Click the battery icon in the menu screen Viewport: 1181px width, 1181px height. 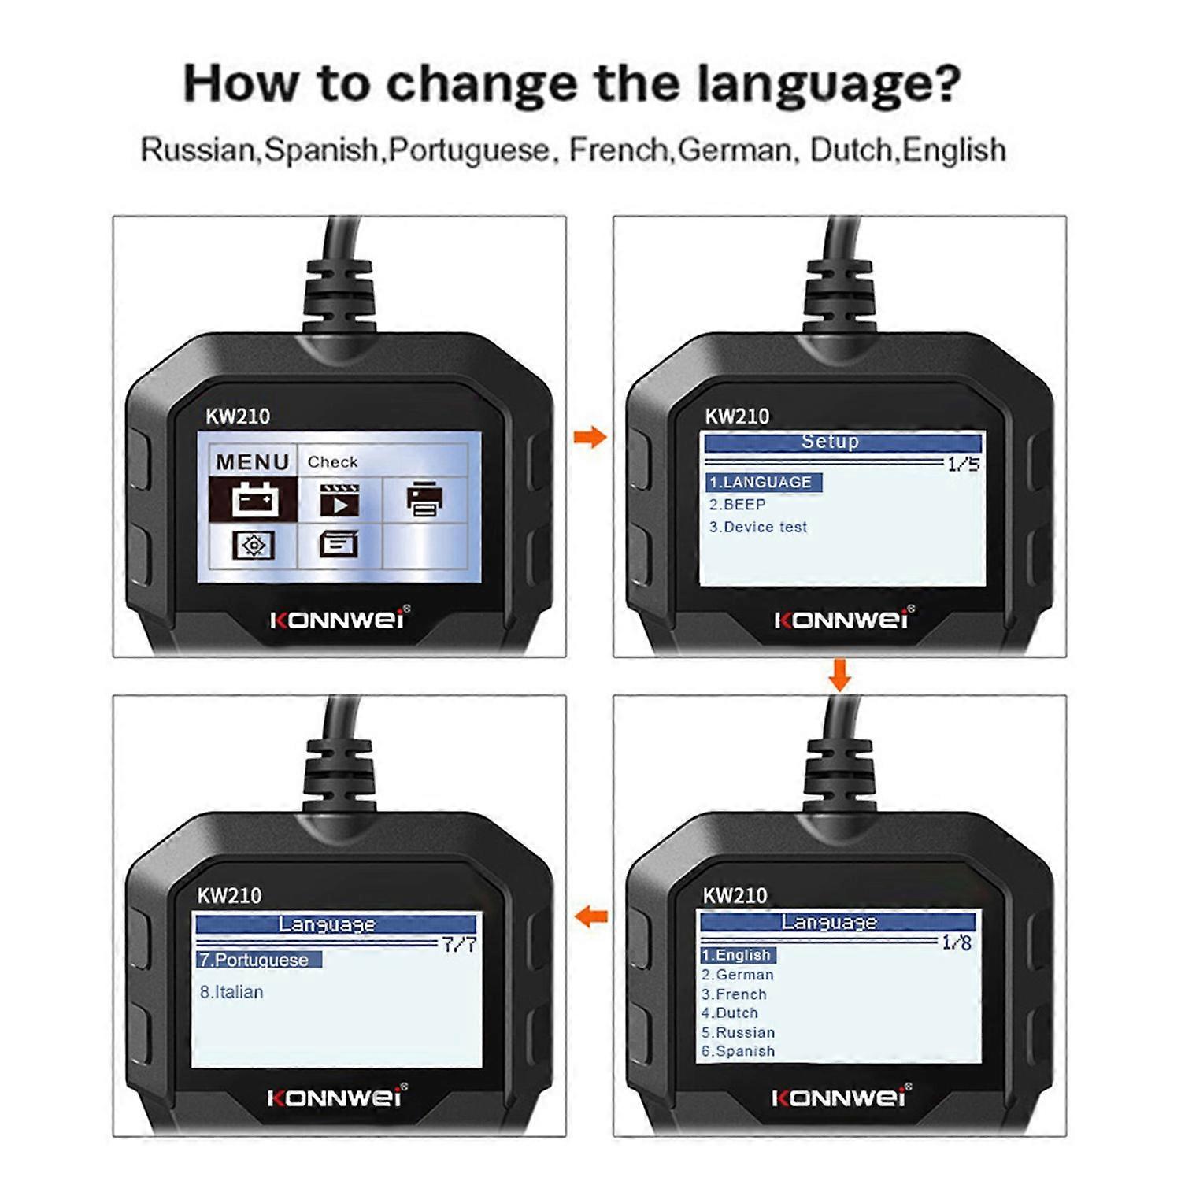click(x=254, y=499)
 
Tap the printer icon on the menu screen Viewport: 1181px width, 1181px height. click(x=424, y=499)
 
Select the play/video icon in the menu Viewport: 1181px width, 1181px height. click(x=339, y=500)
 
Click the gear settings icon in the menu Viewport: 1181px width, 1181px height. click(x=254, y=545)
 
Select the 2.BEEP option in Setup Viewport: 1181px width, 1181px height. click(x=737, y=505)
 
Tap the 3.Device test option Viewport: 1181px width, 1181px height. click(x=757, y=527)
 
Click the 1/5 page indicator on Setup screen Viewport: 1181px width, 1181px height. click(x=963, y=464)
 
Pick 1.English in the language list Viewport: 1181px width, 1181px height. click(x=737, y=955)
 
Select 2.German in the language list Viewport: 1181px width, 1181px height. click(x=738, y=975)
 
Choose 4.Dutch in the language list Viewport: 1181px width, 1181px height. click(x=730, y=1013)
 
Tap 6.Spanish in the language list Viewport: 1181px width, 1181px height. click(x=738, y=1051)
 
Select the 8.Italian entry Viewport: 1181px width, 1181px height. click(x=231, y=992)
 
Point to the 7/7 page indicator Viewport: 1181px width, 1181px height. click(x=459, y=944)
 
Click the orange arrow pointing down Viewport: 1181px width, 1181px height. click(x=840, y=676)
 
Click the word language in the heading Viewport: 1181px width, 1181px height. click(x=827, y=83)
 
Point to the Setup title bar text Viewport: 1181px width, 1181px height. click(x=830, y=442)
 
